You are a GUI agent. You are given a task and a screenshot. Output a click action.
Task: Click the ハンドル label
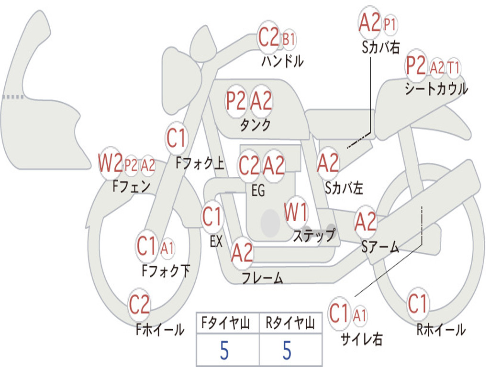point(282,61)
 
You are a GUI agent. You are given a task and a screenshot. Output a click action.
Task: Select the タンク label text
point(255,125)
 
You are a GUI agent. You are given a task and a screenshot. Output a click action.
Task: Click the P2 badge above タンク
point(236,101)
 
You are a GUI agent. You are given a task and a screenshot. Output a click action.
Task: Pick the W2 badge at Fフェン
point(111,163)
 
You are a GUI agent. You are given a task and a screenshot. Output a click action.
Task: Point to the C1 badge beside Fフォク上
point(176,139)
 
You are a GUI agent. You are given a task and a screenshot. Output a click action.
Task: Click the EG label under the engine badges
point(258,191)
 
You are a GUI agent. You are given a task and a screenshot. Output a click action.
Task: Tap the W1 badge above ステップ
point(296,214)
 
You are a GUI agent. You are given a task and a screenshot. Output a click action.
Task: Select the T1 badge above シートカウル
point(453,68)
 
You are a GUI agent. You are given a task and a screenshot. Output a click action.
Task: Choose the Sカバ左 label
point(344,188)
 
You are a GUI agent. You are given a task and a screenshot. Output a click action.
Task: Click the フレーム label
point(262,278)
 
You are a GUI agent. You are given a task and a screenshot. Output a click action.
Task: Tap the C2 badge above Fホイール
point(139,304)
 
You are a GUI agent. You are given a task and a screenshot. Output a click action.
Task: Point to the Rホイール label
point(441,329)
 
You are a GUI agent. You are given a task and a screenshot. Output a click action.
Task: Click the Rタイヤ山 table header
point(290,324)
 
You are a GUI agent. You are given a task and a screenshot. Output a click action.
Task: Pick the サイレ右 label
point(361,339)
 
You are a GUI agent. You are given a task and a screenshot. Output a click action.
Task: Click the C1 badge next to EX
point(212,217)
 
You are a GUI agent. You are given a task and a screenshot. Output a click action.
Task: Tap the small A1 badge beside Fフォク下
point(167,248)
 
